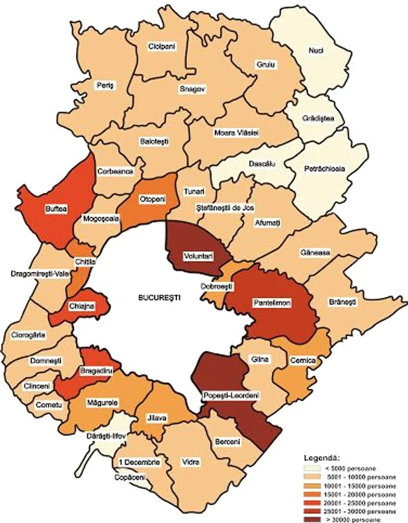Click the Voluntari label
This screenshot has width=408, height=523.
[198, 257]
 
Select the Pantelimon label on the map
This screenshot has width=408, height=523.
[273, 302]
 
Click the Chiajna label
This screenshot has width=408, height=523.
[82, 306]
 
